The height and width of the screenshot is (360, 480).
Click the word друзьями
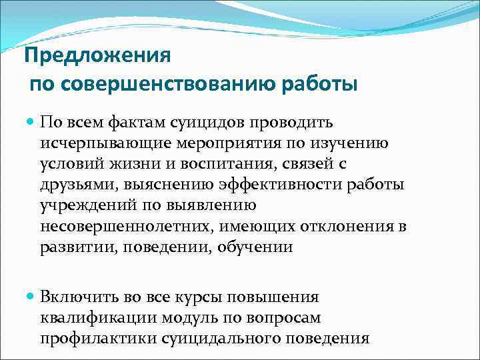pyautogui.click(x=72, y=185)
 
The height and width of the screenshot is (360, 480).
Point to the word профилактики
pyautogui.click(x=87, y=338)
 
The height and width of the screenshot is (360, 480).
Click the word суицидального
pyautogui.click(x=223, y=338)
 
